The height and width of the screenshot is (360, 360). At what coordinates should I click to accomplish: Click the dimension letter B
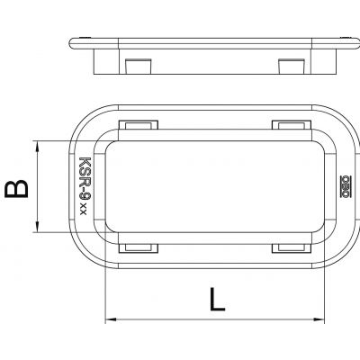pyautogui.click(x=16, y=189)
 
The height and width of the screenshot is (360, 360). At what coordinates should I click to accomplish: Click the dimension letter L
pyautogui.click(x=218, y=299)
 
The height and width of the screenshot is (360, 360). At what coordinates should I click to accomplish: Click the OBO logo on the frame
pyautogui.click(x=346, y=186)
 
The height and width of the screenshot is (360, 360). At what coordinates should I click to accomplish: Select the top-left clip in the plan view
pyautogui.click(x=139, y=125)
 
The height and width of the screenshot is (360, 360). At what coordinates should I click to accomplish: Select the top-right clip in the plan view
pyautogui.click(x=292, y=125)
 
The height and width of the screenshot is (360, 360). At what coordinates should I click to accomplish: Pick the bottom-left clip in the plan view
pyautogui.click(x=139, y=248)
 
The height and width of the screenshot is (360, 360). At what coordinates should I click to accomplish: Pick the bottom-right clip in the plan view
pyautogui.click(x=292, y=248)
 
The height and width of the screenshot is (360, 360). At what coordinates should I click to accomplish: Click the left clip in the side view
pyautogui.click(x=138, y=66)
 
